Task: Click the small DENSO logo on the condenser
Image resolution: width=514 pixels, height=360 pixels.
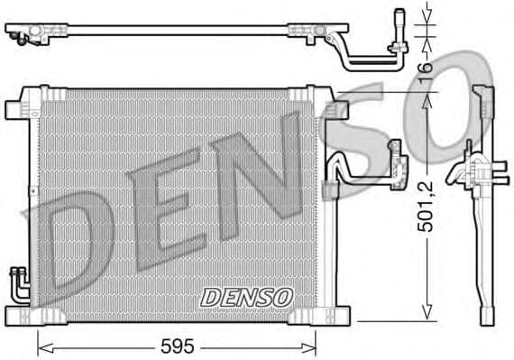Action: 246,296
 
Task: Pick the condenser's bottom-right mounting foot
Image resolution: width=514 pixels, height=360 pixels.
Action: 336,315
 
